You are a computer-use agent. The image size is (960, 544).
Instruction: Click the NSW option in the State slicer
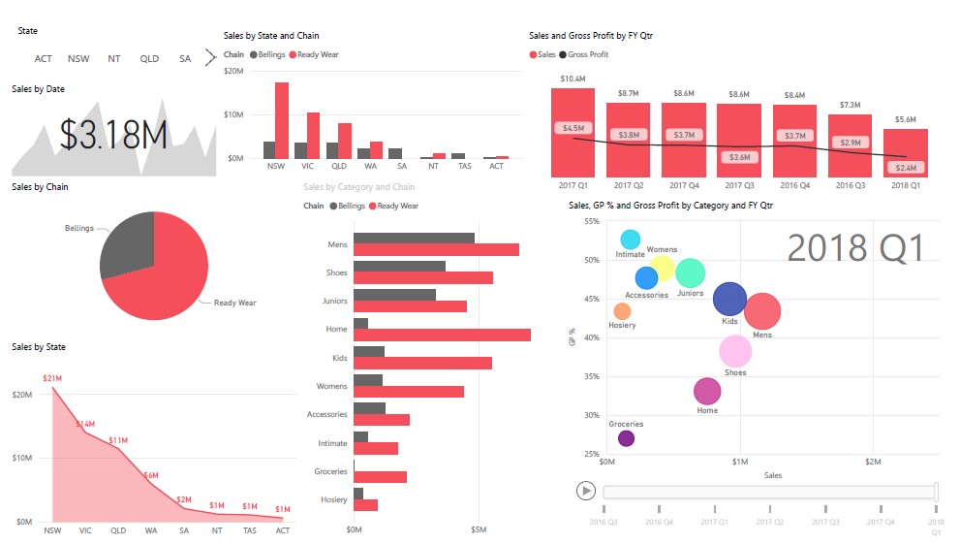[78, 58]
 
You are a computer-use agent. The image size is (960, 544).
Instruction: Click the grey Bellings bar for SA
[395, 153]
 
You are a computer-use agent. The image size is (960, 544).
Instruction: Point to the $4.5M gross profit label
[573, 128]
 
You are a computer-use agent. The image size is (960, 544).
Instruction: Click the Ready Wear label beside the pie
[234, 303]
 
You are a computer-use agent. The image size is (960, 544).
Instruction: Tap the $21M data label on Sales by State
[52, 378]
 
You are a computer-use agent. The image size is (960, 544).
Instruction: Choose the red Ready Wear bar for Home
[442, 335]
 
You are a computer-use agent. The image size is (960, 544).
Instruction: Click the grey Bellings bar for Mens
[414, 238]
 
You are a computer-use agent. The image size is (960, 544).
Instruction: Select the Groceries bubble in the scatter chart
[626, 438]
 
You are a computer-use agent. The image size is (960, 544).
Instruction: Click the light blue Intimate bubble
[631, 240]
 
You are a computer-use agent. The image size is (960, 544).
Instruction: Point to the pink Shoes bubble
[735, 351]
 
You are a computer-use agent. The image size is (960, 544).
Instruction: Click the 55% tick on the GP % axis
[591, 222]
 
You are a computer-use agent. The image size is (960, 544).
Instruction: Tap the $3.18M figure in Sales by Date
[113, 135]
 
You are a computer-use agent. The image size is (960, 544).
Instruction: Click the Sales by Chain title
[40, 186]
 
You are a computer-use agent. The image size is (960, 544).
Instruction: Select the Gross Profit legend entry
[587, 54]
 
